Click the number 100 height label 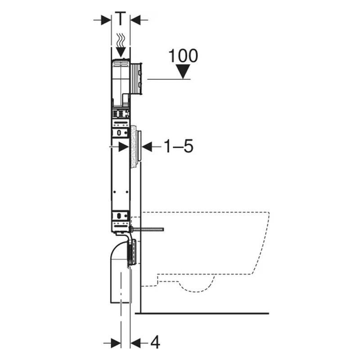click(x=183, y=56)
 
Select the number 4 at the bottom click(x=155, y=342)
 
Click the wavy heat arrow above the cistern click(x=121, y=45)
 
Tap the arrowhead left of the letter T click(x=106, y=20)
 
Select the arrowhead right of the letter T click(x=135, y=20)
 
